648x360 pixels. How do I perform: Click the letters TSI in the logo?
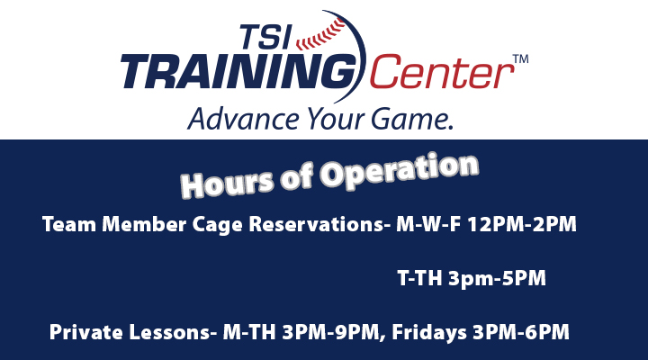(x=265, y=37)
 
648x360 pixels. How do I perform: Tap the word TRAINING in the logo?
(x=238, y=72)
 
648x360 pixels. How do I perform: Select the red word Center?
(x=441, y=72)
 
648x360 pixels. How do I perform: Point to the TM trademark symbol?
(x=521, y=58)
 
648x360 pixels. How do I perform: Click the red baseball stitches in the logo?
(x=321, y=35)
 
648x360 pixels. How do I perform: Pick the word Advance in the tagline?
(x=243, y=118)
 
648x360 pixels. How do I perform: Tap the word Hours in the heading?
(x=227, y=184)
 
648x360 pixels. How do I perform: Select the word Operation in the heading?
(x=400, y=170)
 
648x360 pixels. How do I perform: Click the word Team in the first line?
(x=69, y=224)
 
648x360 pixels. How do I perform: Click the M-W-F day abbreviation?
(x=428, y=224)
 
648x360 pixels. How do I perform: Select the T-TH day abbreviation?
(x=419, y=278)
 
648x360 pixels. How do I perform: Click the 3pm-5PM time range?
(x=497, y=279)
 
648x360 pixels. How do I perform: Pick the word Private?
(x=86, y=332)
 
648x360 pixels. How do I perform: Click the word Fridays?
(x=428, y=333)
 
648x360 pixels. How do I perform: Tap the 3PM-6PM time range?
(x=521, y=332)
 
